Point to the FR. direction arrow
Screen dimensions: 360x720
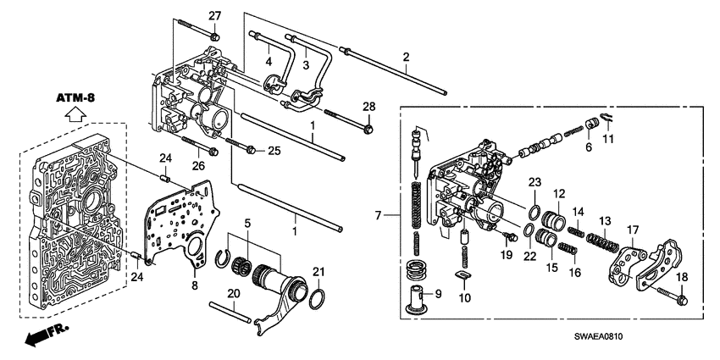(37, 337)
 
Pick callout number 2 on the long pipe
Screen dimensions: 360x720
(406, 57)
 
